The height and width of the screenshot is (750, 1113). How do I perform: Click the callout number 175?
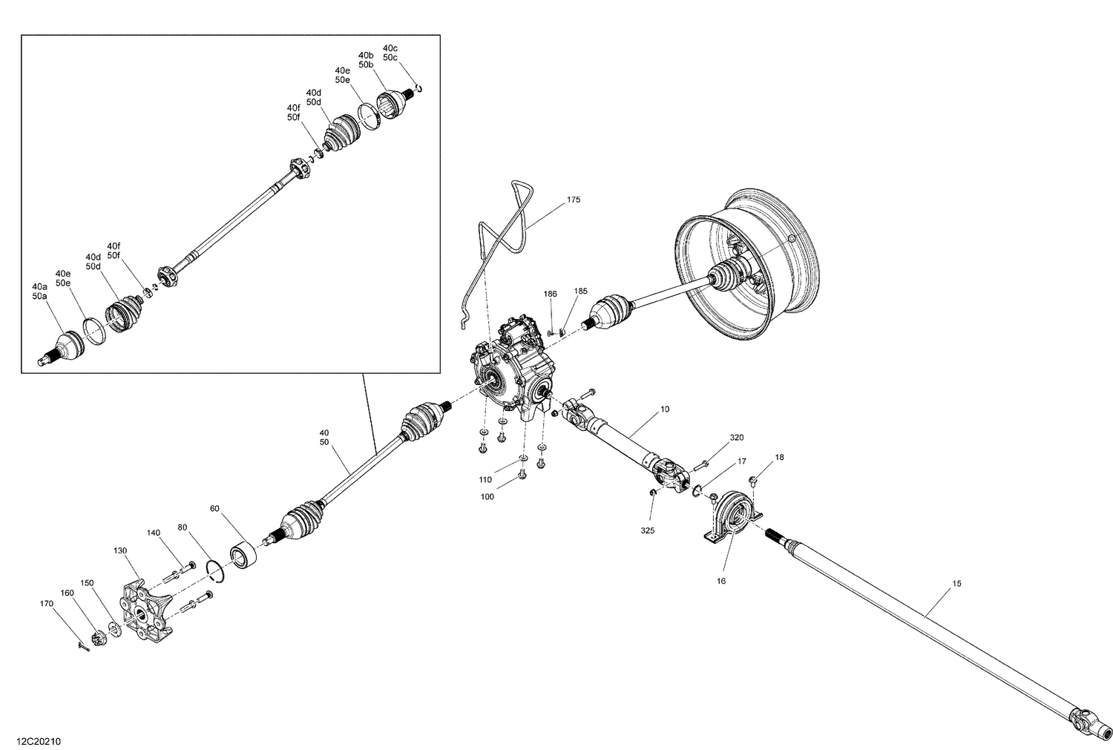click(x=574, y=200)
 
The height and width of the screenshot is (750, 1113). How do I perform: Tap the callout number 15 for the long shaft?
click(x=956, y=584)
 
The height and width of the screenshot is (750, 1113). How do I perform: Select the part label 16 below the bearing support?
click(x=720, y=581)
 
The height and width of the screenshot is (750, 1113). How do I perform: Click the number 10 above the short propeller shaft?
click(x=664, y=409)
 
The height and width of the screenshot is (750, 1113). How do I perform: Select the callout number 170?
click(x=46, y=604)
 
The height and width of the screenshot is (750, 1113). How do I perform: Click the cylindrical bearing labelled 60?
click(x=243, y=555)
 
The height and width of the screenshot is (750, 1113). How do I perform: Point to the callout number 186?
click(x=550, y=295)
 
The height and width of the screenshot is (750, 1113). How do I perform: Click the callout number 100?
click(x=487, y=496)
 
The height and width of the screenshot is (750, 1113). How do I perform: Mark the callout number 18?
click(x=778, y=457)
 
